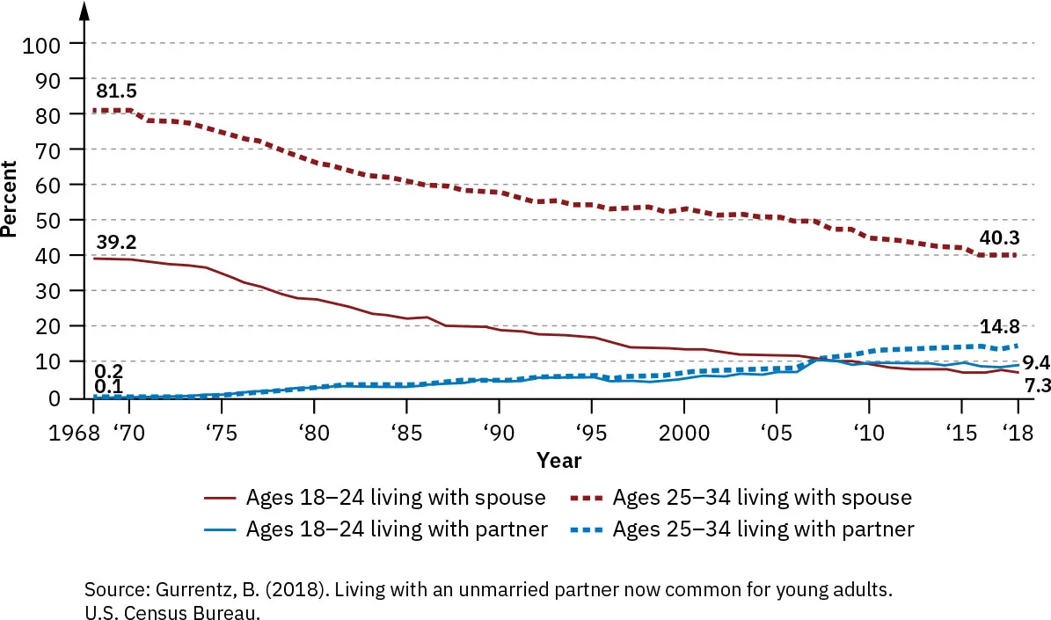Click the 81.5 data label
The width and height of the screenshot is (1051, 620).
pyautogui.click(x=116, y=91)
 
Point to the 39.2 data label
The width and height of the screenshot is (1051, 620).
pyautogui.click(x=116, y=242)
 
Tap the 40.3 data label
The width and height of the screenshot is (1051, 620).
pyautogui.click(x=1001, y=237)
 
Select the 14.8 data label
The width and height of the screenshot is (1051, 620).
pyautogui.click(x=1000, y=325)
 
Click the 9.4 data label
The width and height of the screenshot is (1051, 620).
pyautogui.click(x=1036, y=362)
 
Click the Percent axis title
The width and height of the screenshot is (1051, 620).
pyautogui.click(x=10, y=199)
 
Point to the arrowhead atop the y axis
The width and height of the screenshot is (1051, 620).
pyautogui.click(x=84, y=11)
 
